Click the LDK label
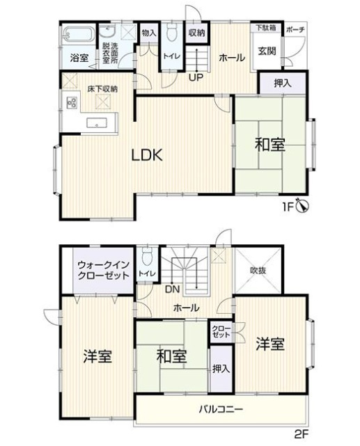[147, 156]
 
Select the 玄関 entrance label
[267, 51]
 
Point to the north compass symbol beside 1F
[302, 206]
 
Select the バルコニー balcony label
[220, 409]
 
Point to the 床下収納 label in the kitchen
[102, 89]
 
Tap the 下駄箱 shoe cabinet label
[265, 28]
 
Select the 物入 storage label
[148, 33]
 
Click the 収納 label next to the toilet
[196, 33]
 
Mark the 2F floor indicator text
[300, 435]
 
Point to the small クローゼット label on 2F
[220, 331]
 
